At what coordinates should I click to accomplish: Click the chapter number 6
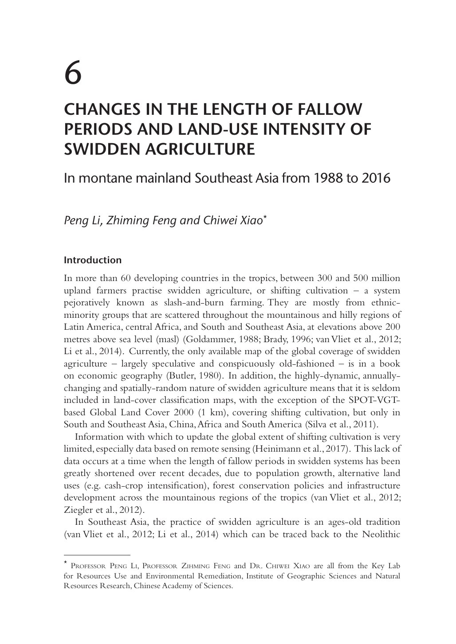[x=73, y=73]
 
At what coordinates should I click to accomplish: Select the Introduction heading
[x=93, y=260]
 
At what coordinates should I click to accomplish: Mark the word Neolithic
[x=381, y=534]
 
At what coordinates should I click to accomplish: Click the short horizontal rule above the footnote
[x=97, y=554]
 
